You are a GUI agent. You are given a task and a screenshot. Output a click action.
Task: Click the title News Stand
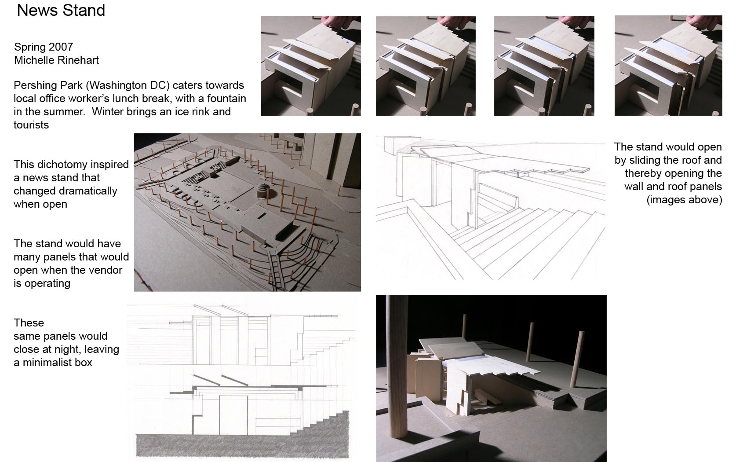(x=61, y=11)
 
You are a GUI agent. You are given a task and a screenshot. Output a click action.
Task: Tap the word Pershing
(x=33, y=86)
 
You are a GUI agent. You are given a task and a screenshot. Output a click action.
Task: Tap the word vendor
(x=106, y=270)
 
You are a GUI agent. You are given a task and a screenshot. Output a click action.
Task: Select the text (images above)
(x=684, y=200)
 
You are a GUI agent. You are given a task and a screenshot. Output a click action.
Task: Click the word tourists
(x=31, y=125)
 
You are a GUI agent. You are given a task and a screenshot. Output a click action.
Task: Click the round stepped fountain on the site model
(x=262, y=191)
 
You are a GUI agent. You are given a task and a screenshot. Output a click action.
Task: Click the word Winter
(x=106, y=112)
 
